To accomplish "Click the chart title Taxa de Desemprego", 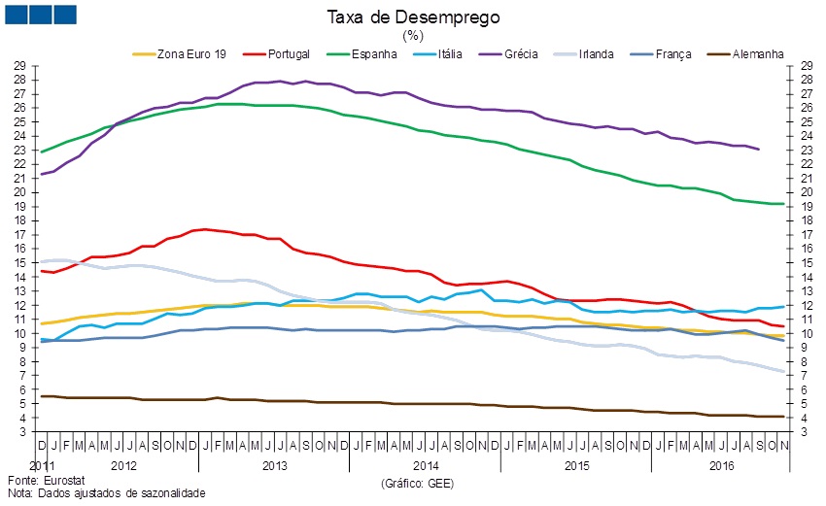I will (x=412, y=17).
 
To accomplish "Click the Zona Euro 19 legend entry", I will (x=191, y=53).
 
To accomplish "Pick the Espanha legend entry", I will (x=374, y=53).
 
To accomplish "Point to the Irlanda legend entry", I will (x=597, y=53).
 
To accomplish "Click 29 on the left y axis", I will (x=19, y=66).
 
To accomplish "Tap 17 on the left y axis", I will (x=19, y=234).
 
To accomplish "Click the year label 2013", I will (x=275, y=466).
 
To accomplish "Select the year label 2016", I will (x=721, y=466).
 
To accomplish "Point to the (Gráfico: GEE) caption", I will (x=417, y=482).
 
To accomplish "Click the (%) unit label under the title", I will (x=412, y=35).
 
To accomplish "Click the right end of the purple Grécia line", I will (x=758, y=150).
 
